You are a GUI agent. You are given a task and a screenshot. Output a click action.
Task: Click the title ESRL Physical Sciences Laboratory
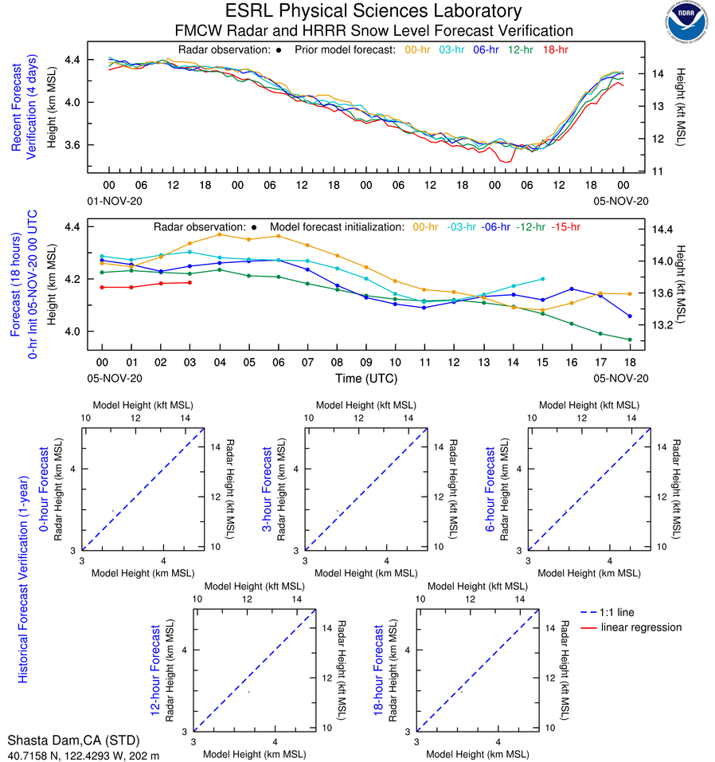(x=373, y=11)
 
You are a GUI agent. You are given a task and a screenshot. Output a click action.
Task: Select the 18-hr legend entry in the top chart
(x=554, y=49)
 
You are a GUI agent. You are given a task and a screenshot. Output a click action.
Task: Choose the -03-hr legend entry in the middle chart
(x=462, y=227)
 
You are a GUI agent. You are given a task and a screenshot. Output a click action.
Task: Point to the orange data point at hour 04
(x=219, y=234)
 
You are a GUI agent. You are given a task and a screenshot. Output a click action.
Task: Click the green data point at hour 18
(x=630, y=340)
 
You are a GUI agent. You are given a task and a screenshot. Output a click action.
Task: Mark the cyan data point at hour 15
(x=543, y=279)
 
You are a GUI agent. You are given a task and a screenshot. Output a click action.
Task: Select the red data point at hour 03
(x=189, y=282)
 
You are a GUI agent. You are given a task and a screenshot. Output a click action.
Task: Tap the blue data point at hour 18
(x=630, y=316)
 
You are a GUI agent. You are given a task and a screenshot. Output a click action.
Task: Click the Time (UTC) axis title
(x=365, y=378)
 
